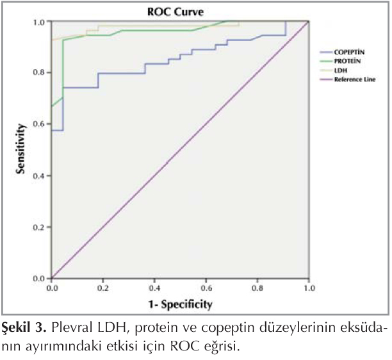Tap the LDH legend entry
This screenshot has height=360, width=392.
pos(341,70)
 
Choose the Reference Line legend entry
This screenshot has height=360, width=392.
pos(355,79)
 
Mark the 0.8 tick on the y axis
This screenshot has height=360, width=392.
pos(39,73)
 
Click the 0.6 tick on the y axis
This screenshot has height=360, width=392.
pos(39,124)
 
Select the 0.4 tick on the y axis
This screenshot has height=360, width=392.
pos(39,176)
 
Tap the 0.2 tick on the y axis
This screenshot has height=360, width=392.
pos(39,227)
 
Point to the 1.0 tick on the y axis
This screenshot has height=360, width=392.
pos(39,22)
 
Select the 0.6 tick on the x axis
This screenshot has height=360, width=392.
pos(206,288)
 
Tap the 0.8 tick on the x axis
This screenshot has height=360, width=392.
pos(257,288)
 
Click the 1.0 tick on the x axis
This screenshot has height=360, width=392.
pos(309,288)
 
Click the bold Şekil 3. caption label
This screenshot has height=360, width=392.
pos(23,329)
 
